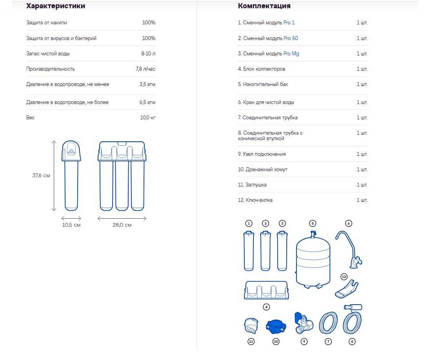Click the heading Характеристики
[56, 5]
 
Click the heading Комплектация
[264, 5]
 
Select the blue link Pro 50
[291, 38]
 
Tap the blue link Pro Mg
[291, 53]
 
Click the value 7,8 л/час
[146, 69]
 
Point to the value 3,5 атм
[147, 84]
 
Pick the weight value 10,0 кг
[147, 118]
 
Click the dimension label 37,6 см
[41, 175]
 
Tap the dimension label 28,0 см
[122, 225]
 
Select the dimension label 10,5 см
[71, 225]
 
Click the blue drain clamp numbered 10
[276, 327]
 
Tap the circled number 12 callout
[344, 277]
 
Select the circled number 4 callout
[266, 307]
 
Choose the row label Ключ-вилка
[255, 200]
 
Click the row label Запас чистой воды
[48, 53]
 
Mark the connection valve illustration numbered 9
[304, 323]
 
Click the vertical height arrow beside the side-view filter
[54, 176]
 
